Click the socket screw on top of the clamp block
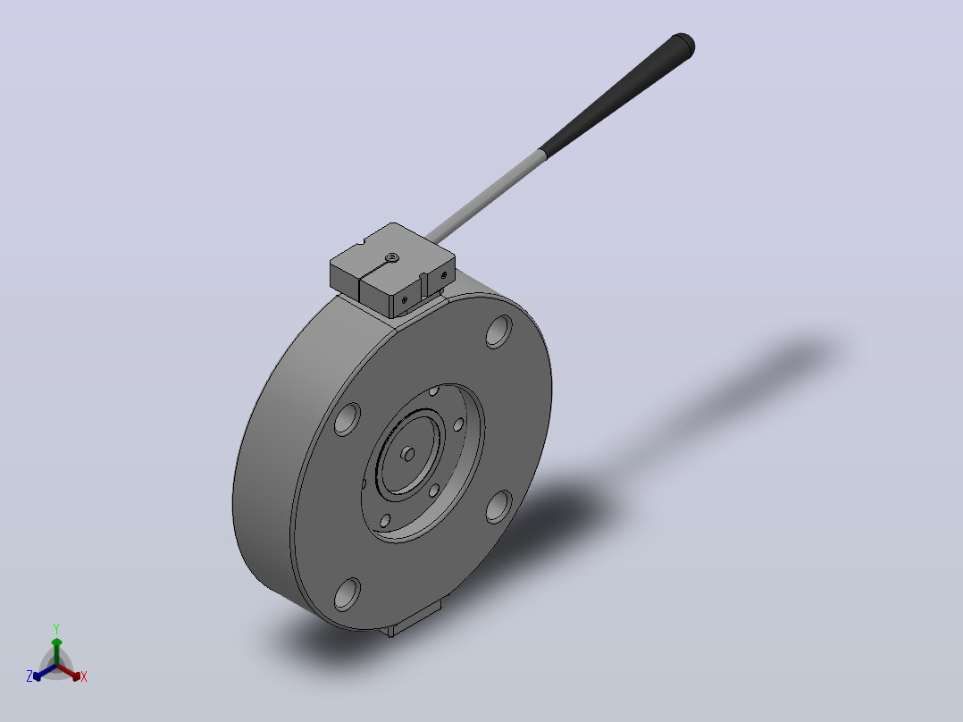pos(392,258)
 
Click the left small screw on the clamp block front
pos(404,300)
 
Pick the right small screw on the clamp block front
pos(443,276)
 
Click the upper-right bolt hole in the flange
pos(498,332)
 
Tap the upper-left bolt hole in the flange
pos(347,419)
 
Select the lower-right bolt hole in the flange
pos(498,507)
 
